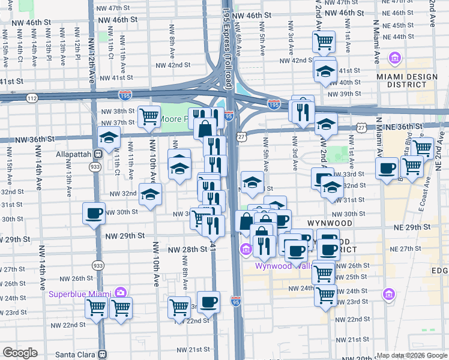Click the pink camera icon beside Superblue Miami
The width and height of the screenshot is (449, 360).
click(x=121, y=293)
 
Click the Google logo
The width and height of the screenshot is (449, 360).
click(x=20, y=353)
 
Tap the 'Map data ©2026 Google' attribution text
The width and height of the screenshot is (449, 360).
click(x=412, y=355)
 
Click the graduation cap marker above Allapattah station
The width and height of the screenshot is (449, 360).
click(x=109, y=139)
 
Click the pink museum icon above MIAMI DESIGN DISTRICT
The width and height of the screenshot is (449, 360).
click(x=396, y=58)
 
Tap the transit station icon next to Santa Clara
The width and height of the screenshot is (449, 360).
click(x=103, y=355)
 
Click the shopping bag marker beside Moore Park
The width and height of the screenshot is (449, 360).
click(x=205, y=128)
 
